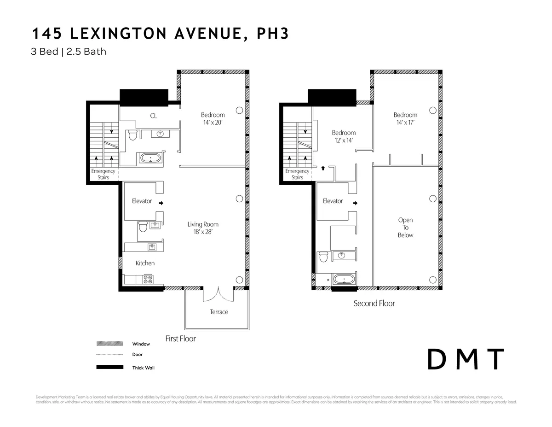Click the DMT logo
[x=466, y=360]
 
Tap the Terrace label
[x=219, y=312]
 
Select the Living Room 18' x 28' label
[x=203, y=228]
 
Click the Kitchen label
[x=145, y=263]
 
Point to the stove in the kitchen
[x=148, y=279]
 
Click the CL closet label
[x=154, y=116]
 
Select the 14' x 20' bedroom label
[x=213, y=119]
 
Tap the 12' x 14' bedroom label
[x=344, y=136]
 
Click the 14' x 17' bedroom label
[x=405, y=119]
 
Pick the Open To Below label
[x=405, y=228]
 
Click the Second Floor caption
[x=374, y=303]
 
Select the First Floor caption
[x=180, y=339]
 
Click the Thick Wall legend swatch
[x=109, y=367]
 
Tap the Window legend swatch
[x=109, y=344]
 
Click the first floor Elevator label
[x=142, y=201]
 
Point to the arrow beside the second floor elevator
[x=356, y=203]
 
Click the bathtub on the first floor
[x=151, y=158]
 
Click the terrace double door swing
[x=218, y=293]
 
